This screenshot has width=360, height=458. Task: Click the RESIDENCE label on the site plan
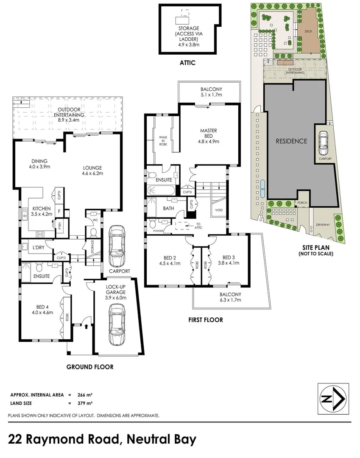click(292, 141)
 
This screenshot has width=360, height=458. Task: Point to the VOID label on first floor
click(219, 210)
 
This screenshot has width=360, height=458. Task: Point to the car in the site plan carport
click(324, 143)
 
